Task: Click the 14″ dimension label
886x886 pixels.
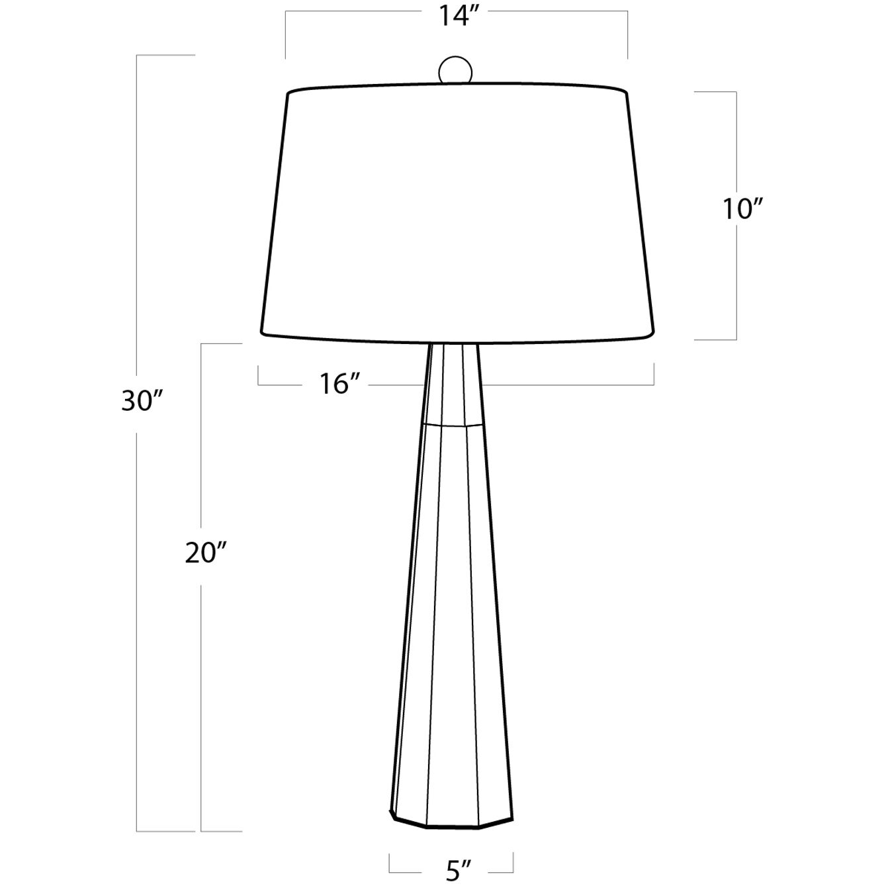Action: point(456,16)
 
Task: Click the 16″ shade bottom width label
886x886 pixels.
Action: point(341,384)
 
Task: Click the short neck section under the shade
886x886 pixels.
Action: point(453,384)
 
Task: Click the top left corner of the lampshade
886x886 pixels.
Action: point(289,93)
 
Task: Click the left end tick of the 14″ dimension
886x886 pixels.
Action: point(286,34)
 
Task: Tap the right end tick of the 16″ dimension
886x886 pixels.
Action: point(654,374)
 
